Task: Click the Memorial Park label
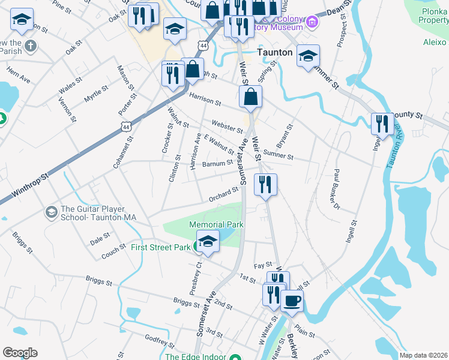coord(217,224)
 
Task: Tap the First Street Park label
coord(160,247)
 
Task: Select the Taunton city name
coord(275,52)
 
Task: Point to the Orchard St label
coord(224,194)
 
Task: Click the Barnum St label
coord(217,163)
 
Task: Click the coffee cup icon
coord(292,301)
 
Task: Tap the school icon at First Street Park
coord(207,243)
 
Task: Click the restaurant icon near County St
coord(382,124)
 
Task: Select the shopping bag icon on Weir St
coord(250,96)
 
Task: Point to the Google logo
coord(20,353)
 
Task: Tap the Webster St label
coord(226,127)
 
